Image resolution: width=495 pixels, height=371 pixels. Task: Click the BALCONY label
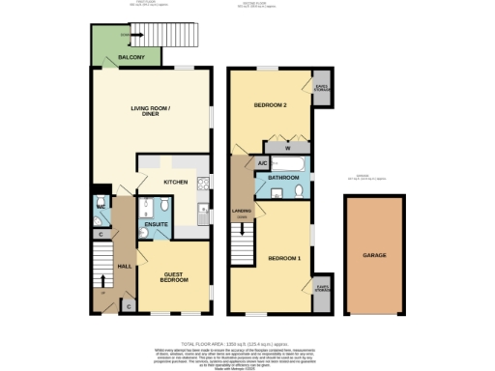click(131, 59)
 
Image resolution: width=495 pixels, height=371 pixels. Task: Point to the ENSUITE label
click(156, 224)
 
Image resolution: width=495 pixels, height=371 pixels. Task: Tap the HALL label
click(124, 265)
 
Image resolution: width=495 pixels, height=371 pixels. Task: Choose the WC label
click(101, 208)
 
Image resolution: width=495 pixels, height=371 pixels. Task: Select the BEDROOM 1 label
click(284, 258)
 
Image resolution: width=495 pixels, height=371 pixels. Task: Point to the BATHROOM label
click(284, 177)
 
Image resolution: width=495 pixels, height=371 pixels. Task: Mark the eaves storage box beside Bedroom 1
click(320, 286)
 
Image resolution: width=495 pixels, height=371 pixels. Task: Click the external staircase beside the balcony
click(159, 38)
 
